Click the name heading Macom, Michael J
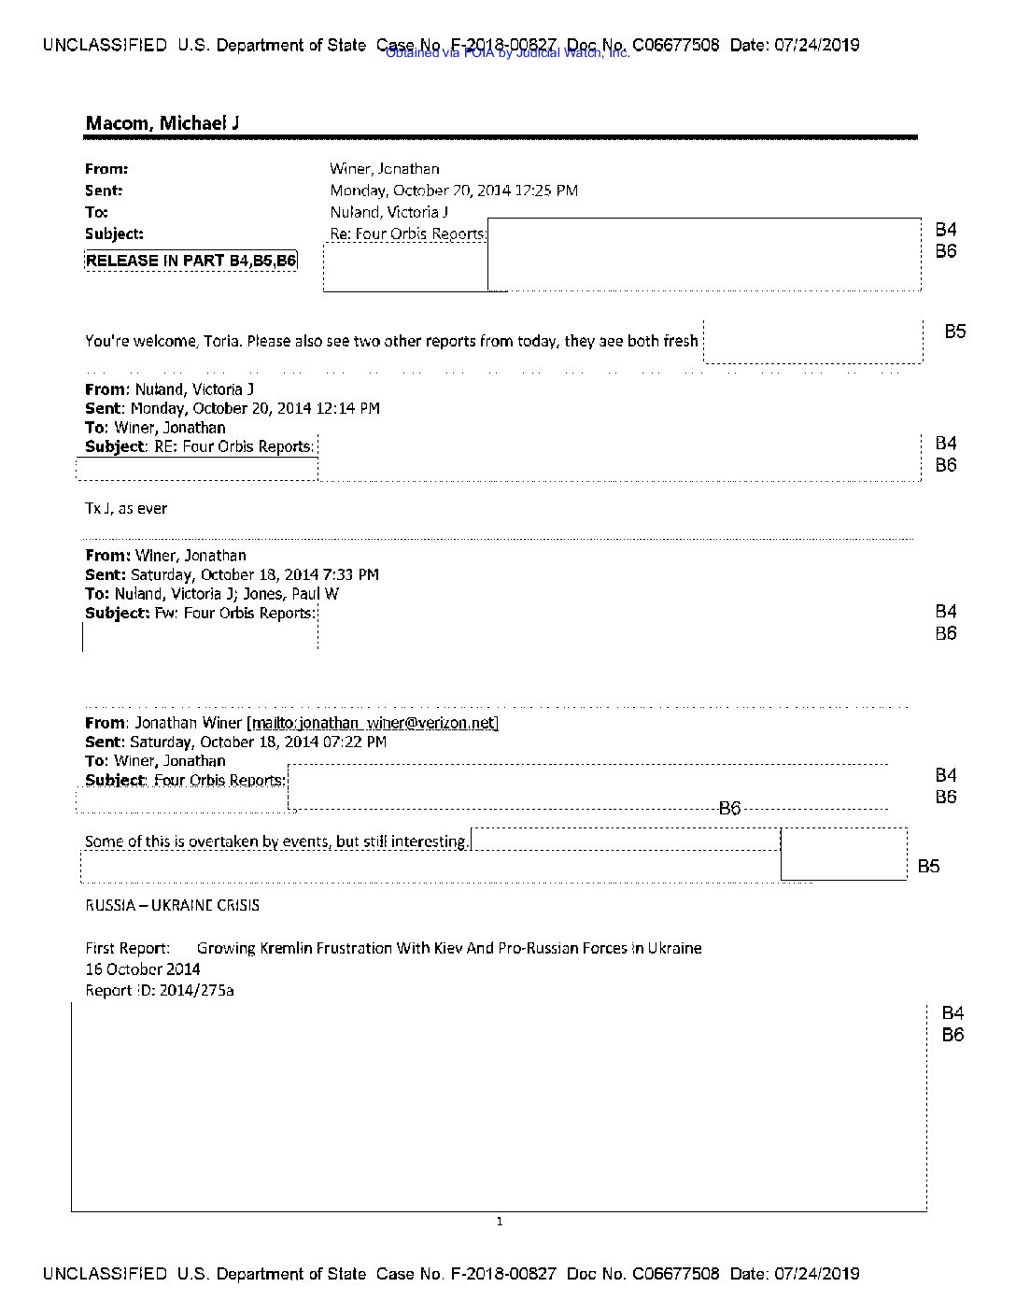(x=162, y=123)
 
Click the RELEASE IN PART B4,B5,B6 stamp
(x=190, y=261)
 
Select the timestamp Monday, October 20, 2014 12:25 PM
(x=454, y=191)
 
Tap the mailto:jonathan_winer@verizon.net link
(x=372, y=723)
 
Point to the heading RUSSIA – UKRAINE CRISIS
(x=172, y=905)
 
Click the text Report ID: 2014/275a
(x=159, y=991)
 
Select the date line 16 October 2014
(x=142, y=969)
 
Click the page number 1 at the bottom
(x=500, y=1222)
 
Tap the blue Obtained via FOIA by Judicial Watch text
(x=507, y=53)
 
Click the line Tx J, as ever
(x=126, y=509)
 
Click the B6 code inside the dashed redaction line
(x=729, y=809)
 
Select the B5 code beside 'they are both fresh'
(x=954, y=332)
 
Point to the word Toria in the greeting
(x=221, y=342)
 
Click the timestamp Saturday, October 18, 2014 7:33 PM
(x=254, y=575)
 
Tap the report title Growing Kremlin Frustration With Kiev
(x=448, y=948)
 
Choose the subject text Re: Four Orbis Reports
(x=407, y=233)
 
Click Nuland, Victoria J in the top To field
(x=388, y=212)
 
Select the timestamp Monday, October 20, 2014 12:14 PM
(x=255, y=408)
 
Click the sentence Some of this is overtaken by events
(x=276, y=841)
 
